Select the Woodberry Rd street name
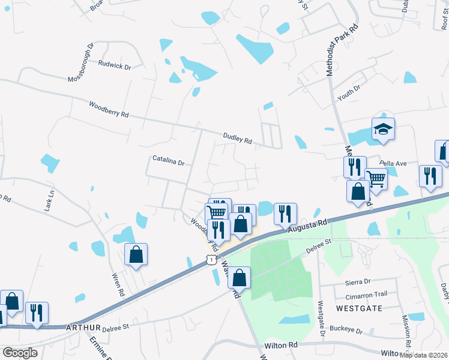[109, 110]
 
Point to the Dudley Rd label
[237, 139]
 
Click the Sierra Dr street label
[358, 281]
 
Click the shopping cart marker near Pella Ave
[376, 178]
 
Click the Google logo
[20, 352]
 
